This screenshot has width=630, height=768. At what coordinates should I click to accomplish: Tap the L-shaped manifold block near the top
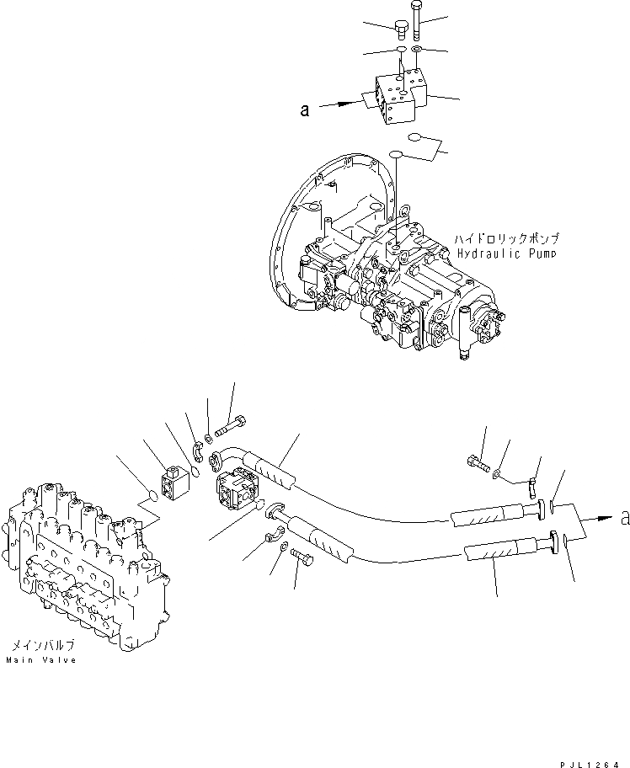point(397,98)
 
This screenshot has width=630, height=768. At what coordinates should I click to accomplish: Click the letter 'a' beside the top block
point(305,109)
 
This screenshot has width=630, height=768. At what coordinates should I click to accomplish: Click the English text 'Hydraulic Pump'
point(507,253)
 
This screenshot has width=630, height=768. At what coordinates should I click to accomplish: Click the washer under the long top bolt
point(208,435)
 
